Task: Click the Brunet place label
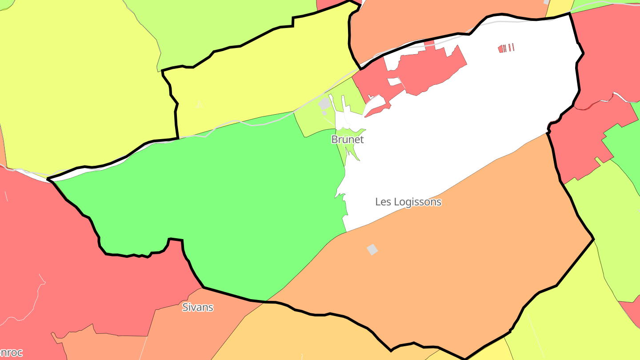coord(348,140)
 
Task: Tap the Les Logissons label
coord(408,202)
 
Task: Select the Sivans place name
coord(198,307)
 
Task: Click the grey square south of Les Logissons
coord(372,249)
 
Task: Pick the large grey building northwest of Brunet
coord(324,104)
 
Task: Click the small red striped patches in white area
coord(506,48)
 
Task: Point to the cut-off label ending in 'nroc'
coord(11,353)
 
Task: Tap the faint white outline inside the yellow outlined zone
coord(199,104)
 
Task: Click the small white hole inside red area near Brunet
coord(393,82)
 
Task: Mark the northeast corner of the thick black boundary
coord(569,14)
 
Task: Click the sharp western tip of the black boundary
coord(48,180)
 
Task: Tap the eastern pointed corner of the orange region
coord(593,239)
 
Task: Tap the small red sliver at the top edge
coord(329,4)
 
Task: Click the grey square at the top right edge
coord(546,2)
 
